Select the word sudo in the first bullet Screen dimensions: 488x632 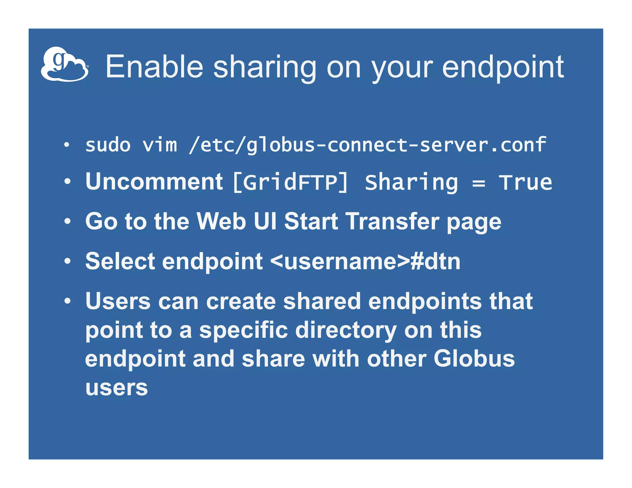click(x=108, y=145)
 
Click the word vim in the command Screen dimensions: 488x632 click(x=160, y=145)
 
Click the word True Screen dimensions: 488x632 click(x=526, y=183)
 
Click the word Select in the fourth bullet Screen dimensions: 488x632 click(x=120, y=261)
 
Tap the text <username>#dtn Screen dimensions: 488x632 click(x=365, y=261)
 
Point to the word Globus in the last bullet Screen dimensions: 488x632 click(x=474, y=358)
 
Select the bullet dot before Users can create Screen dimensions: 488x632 click(x=67, y=300)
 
